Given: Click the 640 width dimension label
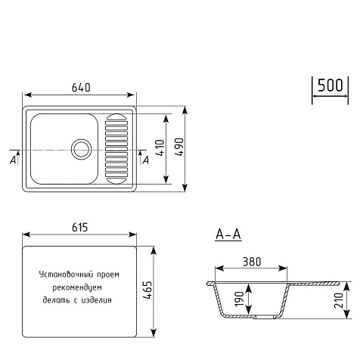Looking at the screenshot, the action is tap(81, 88).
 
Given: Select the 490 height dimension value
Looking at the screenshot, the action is tap(179, 147).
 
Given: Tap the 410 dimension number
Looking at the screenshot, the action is tap(160, 147).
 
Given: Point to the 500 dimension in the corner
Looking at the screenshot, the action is tap(331, 85).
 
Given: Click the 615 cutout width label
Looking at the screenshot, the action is tap(80, 228).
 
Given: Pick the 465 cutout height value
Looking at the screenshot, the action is tap(147, 290).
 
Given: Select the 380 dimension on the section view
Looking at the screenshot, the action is tap(252, 262).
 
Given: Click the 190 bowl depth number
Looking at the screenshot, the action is tap(239, 299).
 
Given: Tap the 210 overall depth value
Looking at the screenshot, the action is tap(339, 300).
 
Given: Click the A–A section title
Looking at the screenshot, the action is tap(228, 234).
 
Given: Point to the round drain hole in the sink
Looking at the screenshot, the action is tap(81, 149).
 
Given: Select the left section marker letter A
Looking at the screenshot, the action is tap(13, 160).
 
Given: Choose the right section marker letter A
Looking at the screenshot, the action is tap(146, 160).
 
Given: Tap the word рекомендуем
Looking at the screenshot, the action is tap(77, 287).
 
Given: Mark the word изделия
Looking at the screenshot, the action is tap(97, 300).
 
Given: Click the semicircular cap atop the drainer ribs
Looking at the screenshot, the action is tap(116, 117).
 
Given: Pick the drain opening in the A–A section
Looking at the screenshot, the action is tap(264, 317).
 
